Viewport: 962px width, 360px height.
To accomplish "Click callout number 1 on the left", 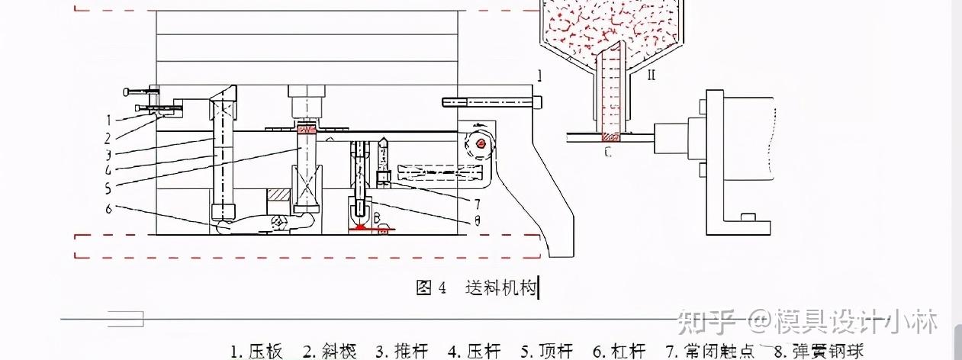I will (108, 120).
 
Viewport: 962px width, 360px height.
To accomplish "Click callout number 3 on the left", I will (108, 153).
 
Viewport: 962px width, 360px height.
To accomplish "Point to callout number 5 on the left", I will (108, 185).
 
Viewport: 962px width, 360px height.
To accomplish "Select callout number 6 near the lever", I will (108, 207).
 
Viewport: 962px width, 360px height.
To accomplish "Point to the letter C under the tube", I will (607, 152).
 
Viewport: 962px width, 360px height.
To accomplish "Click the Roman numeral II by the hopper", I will (651, 76).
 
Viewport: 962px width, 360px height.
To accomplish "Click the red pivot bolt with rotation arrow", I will (480, 143).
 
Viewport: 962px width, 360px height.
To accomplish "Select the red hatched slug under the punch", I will (305, 130).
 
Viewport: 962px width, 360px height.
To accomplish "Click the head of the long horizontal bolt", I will (540, 101).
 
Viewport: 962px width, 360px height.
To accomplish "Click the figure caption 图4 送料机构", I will (478, 288).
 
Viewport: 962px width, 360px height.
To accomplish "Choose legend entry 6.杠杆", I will (619, 352).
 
